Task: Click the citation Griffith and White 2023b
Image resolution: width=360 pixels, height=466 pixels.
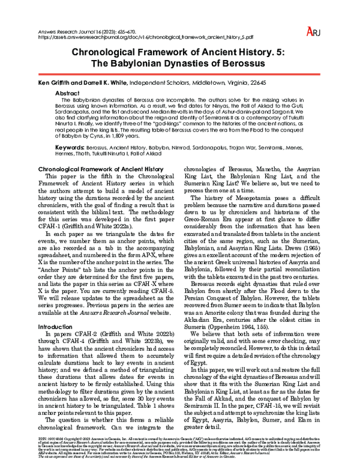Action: (101, 340)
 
